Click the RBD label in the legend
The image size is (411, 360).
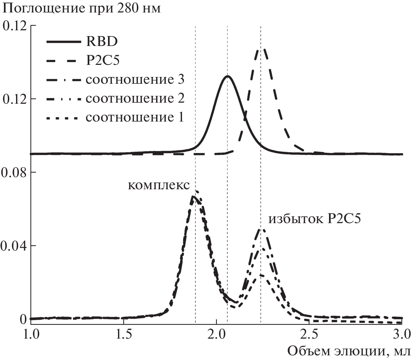[x=102, y=41]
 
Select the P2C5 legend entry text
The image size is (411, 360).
[x=103, y=61]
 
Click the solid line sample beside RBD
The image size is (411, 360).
[x=63, y=42]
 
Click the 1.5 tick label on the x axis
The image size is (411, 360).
[x=124, y=335]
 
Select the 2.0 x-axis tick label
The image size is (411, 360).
[x=216, y=335]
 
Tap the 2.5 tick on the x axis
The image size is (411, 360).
[x=309, y=335]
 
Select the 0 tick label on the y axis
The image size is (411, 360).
[x=24, y=319]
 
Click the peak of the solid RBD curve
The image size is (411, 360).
[x=227, y=76]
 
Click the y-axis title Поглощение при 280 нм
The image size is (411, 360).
[x=82, y=8]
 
